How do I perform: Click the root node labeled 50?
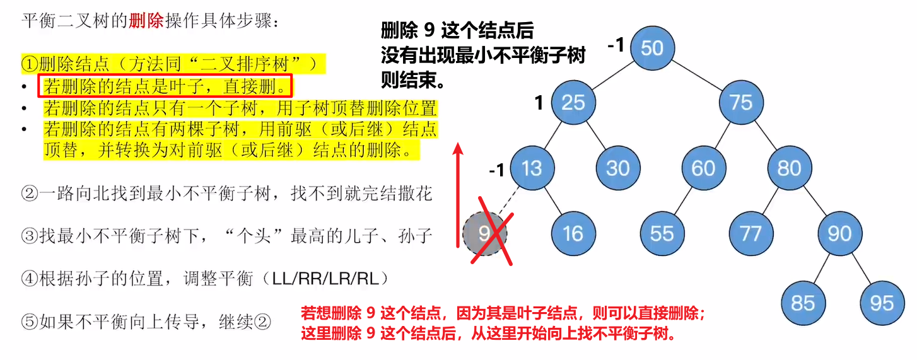[x=652, y=48]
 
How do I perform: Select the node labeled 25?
[x=573, y=102]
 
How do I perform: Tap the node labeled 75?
[x=741, y=102]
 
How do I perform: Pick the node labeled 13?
[x=532, y=168]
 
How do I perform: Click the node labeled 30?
[x=618, y=168]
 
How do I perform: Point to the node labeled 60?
[x=703, y=168]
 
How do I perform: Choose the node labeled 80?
[x=789, y=168]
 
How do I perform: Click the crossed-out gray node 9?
[x=485, y=234]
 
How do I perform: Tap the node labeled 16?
[x=573, y=234]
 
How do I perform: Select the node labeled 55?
[x=662, y=234]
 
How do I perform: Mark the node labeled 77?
[x=751, y=234]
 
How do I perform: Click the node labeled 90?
[x=839, y=234]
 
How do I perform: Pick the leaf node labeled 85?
[x=803, y=303]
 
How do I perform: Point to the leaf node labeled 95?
[x=882, y=303]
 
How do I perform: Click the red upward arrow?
[x=458, y=195]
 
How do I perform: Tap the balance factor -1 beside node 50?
[x=616, y=45]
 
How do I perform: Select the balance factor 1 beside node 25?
[x=539, y=102]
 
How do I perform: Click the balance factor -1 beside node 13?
[x=496, y=170]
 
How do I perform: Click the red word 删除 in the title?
[x=146, y=20]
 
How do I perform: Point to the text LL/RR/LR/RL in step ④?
[x=325, y=279]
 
